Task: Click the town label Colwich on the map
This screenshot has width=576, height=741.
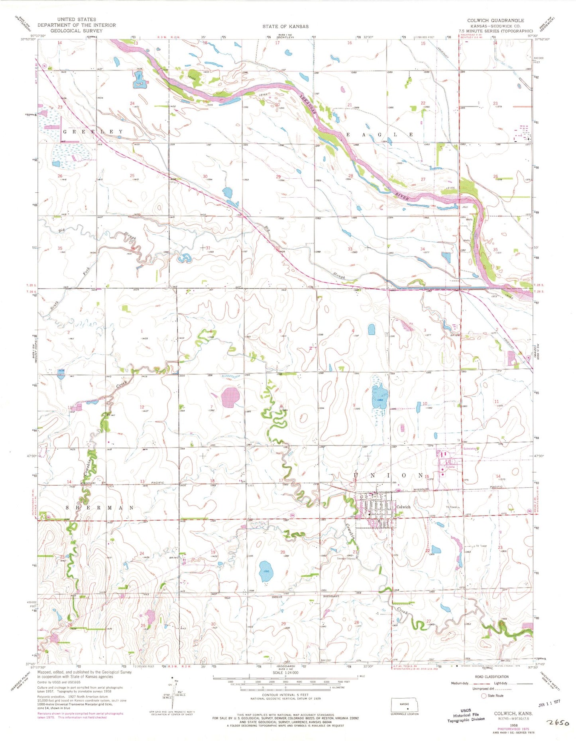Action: pos(403,507)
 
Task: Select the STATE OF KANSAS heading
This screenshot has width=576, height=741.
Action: pos(285,26)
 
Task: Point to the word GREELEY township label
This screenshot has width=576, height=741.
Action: pos(93,132)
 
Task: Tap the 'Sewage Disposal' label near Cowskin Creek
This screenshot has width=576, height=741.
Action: pos(346,558)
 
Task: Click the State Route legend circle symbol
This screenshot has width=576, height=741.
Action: pos(484,696)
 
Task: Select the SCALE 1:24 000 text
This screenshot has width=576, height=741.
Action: pos(285,672)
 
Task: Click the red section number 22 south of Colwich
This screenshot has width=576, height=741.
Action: pos(427,551)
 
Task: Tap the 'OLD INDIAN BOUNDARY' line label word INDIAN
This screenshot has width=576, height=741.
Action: pos(277,597)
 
